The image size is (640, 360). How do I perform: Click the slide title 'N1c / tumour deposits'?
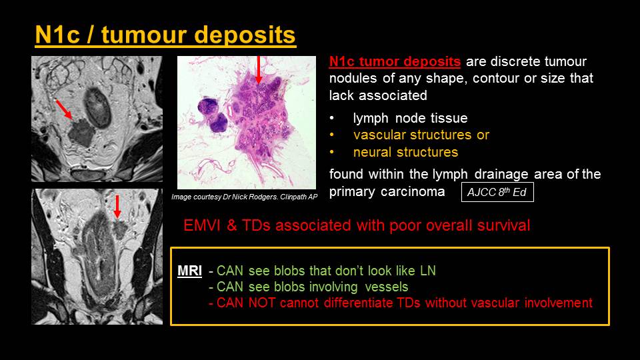(165, 35)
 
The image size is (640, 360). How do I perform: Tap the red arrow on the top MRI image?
(63, 109)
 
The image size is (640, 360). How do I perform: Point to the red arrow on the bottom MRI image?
(117, 207)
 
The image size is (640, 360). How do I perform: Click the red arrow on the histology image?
(258, 70)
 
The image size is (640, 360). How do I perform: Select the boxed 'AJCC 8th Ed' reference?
(497, 192)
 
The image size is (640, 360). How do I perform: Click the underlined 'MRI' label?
(189, 271)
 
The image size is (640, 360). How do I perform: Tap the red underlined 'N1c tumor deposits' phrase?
(395, 61)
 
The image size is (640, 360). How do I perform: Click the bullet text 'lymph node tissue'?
(410, 118)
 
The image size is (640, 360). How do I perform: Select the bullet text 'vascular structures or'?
(421, 135)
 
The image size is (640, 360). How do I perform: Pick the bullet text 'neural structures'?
(405, 152)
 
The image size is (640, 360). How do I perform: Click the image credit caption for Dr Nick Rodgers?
(244, 197)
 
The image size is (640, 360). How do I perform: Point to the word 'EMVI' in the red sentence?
(201, 225)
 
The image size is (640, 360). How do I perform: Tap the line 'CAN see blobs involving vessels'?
(308, 287)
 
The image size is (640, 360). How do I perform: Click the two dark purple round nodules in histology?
(213, 115)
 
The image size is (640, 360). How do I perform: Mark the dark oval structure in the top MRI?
(97, 108)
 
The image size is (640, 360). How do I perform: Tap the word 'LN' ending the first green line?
(428, 271)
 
